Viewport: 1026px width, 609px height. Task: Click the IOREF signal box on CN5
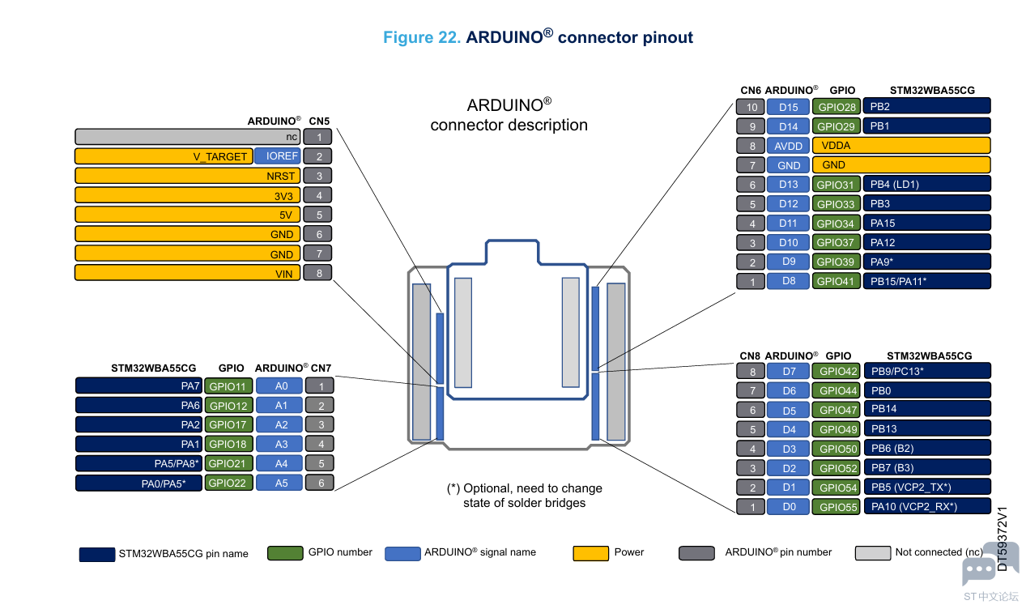tap(278, 156)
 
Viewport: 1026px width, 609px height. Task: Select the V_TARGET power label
tap(220, 157)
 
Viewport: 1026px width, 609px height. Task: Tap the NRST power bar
tap(187, 176)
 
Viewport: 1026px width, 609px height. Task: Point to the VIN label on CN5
tap(283, 274)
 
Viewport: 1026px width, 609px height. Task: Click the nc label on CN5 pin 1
tap(292, 137)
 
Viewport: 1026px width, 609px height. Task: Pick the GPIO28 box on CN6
tap(837, 107)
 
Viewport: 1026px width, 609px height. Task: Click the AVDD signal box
tap(788, 146)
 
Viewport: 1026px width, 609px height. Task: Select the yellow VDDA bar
tap(901, 146)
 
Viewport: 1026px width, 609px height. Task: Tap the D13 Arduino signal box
tap(788, 185)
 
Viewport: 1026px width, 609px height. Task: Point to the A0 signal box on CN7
tap(279, 386)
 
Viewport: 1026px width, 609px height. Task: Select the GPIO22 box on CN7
tap(228, 483)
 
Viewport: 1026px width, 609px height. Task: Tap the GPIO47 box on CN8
tap(837, 410)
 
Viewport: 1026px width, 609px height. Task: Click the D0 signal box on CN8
tap(788, 507)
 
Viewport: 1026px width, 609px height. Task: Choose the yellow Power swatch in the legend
tap(590, 553)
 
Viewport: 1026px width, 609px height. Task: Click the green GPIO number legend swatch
tap(285, 553)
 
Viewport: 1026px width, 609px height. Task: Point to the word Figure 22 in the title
tap(421, 37)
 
